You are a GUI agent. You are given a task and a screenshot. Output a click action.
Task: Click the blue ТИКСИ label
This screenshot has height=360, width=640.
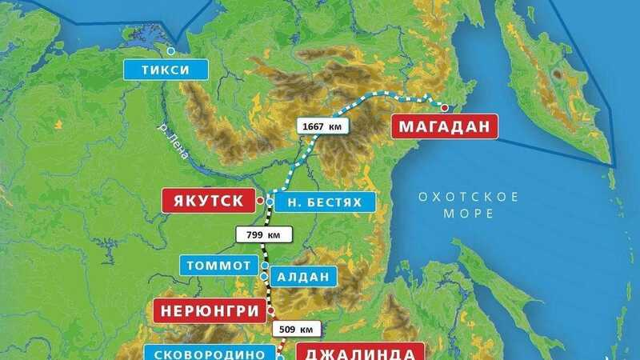pos(166,70)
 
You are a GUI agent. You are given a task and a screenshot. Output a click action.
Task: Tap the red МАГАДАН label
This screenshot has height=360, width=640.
pos(444,126)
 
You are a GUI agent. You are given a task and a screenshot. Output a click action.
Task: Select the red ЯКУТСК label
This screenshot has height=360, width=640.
pos(203,200)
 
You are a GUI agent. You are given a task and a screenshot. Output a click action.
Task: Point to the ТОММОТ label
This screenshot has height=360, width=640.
pos(219,265)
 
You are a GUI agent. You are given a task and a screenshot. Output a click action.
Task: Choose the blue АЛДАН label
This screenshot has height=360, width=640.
pos(302,277)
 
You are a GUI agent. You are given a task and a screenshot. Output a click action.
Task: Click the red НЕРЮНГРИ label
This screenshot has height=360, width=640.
pos(210,310)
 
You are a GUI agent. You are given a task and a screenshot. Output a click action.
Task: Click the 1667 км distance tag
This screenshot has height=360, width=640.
pos(322,126)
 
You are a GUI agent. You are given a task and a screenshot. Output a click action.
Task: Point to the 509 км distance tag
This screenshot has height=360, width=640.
pos(298,329)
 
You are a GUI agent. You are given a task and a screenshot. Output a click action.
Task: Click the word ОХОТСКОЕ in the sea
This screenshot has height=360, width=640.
pos(469,197)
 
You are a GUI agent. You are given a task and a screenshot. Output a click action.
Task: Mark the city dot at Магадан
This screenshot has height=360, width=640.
pos(445,107)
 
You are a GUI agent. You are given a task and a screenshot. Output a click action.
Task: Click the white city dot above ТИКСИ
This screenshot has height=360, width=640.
pos(170,50)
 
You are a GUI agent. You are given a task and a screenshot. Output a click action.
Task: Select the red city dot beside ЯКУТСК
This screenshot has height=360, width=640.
pos(259,201)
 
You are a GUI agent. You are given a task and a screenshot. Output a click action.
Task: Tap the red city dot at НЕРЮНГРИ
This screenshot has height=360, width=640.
pos(271,310)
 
